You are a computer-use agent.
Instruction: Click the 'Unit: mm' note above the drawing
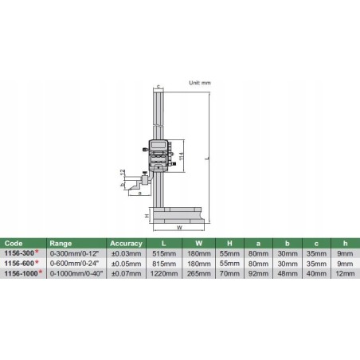[x=199, y=83]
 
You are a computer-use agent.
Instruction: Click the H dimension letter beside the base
[x=147, y=216]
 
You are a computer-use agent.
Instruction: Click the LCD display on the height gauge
[x=158, y=146]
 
